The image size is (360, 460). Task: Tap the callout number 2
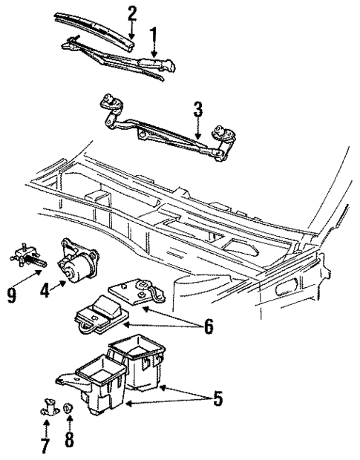click(132, 13)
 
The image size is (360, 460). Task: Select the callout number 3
click(197, 111)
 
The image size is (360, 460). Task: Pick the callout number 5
click(217, 398)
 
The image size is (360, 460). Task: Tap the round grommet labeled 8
click(68, 408)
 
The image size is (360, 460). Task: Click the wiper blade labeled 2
click(96, 30)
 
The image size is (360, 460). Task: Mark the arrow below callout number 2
click(131, 32)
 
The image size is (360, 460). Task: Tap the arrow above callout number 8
click(69, 424)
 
